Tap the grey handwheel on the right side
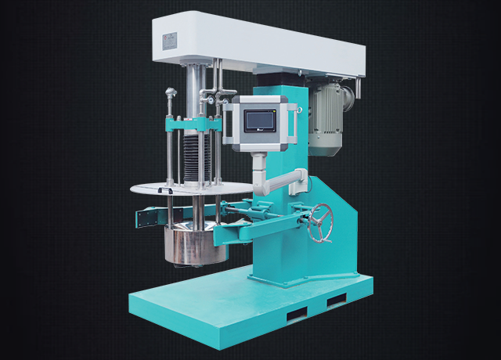(x=320, y=223)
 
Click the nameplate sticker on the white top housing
(x=170, y=41)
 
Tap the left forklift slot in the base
(x=298, y=314)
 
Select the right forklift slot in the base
(x=336, y=300)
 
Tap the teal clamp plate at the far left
(x=147, y=218)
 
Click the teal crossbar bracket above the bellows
(x=192, y=124)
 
